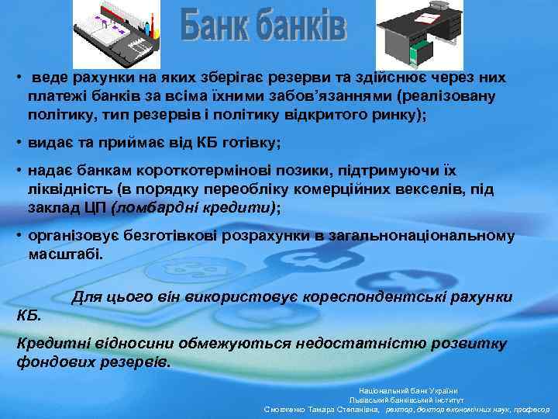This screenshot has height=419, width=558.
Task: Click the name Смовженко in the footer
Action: click(290, 410)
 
